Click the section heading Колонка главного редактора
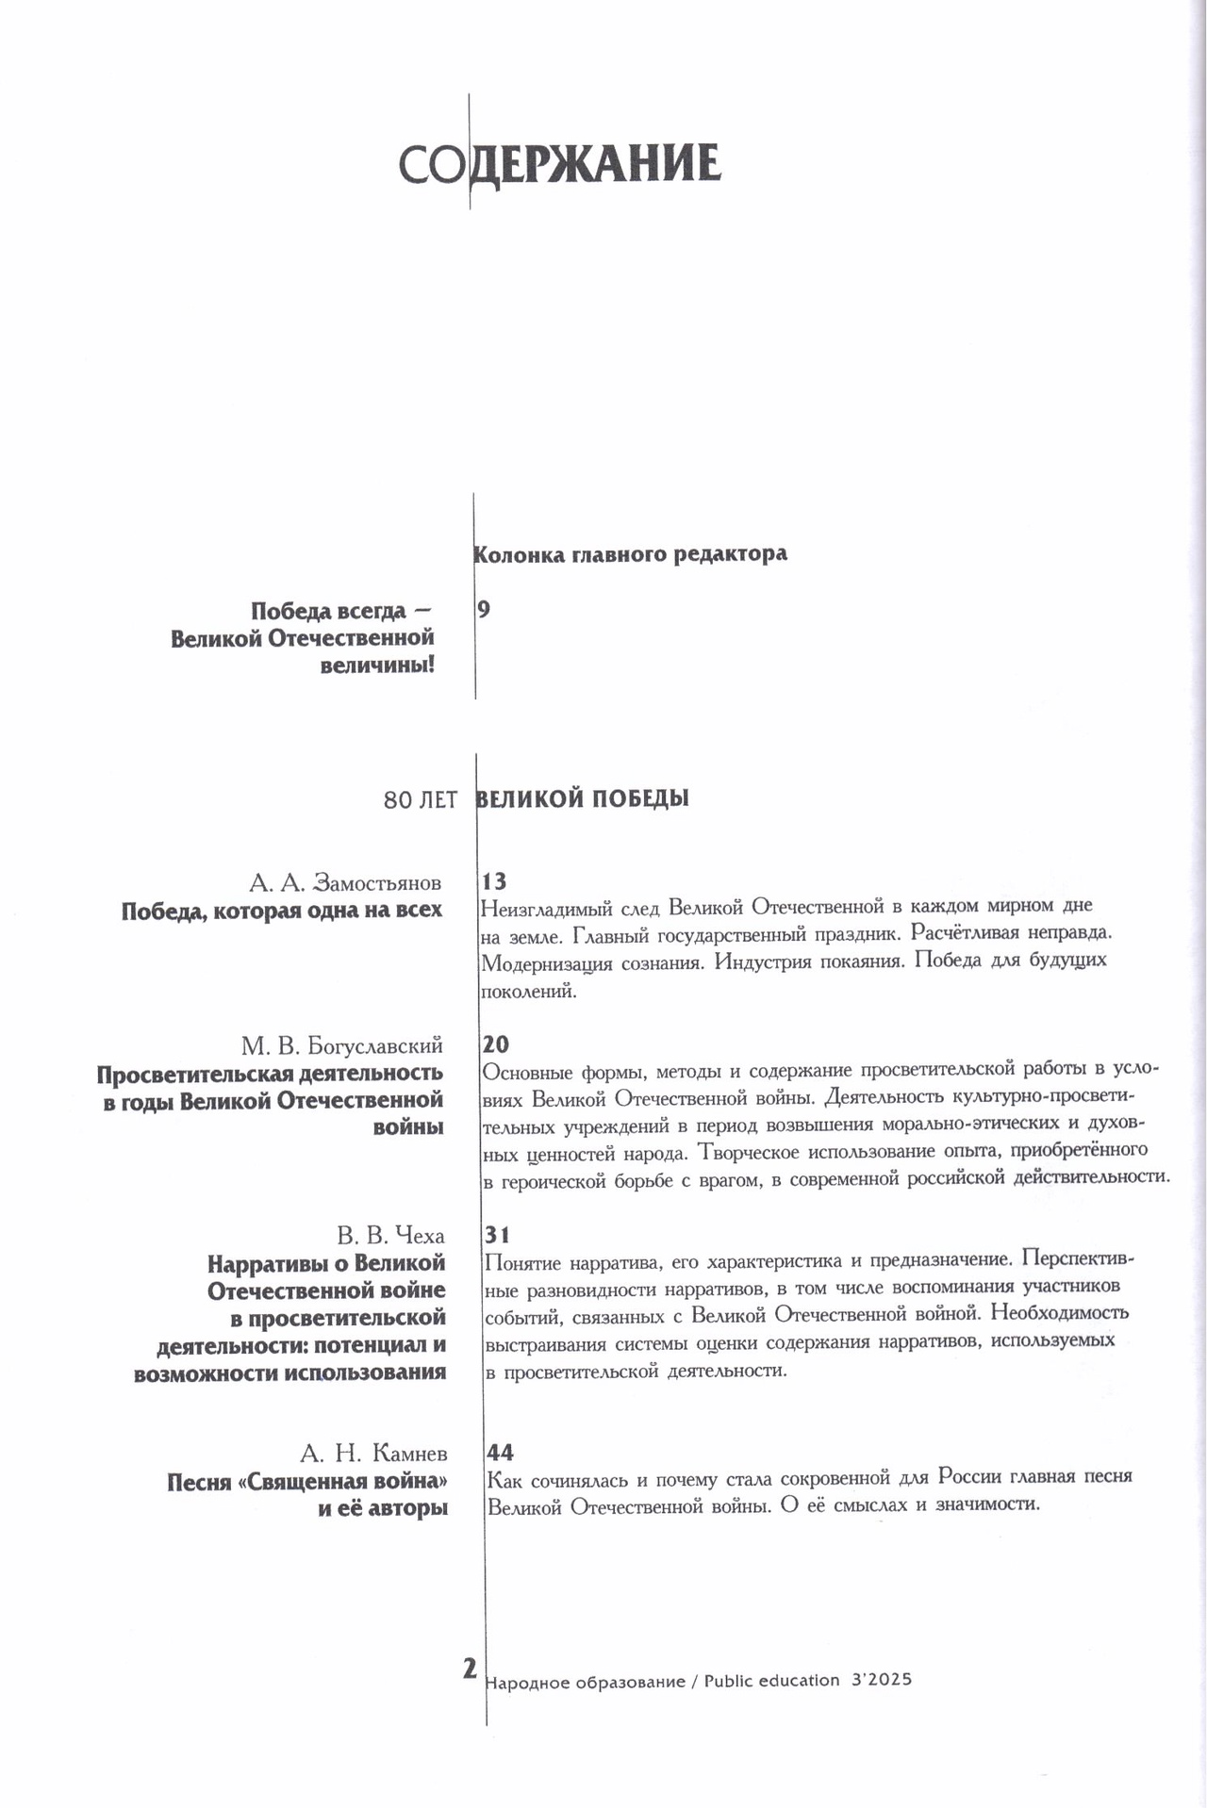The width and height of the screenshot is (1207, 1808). click(631, 553)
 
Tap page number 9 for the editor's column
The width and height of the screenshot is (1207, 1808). click(484, 609)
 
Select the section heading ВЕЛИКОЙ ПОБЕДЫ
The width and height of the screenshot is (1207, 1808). click(583, 798)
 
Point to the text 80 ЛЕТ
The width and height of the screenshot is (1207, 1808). click(421, 800)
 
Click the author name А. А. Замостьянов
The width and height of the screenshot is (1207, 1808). click(345, 882)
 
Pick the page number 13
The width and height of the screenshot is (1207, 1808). click(494, 881)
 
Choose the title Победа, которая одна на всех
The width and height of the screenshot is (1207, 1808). click(282, 911)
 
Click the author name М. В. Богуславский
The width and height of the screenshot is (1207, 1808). click(341, 1044)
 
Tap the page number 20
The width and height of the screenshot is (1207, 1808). click(496, 1044)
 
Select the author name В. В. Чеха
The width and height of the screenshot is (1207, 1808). click(390, 1235)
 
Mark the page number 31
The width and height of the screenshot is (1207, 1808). click(496, 1234)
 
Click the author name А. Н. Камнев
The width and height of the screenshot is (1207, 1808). click(374, 1452)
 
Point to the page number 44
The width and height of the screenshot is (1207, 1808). click(500, 1451)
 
